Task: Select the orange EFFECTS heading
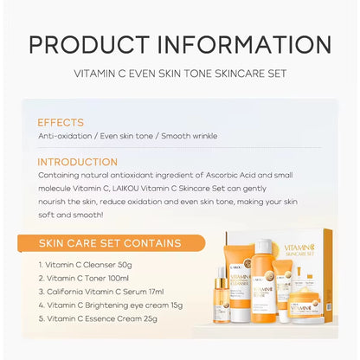[x=61, y=123]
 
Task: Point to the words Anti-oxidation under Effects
[x=64, y=136]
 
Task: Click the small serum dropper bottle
[x=222, y=303]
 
